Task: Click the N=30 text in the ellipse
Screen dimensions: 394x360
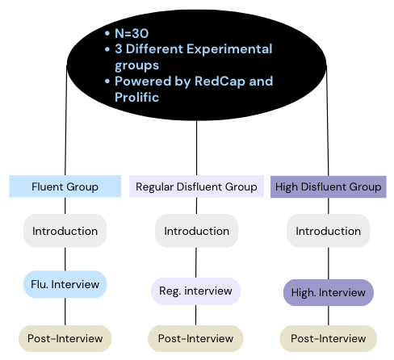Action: click(132, 33)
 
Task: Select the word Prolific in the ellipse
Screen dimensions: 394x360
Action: click(136, 97)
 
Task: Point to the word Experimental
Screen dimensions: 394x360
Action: click(229, 49)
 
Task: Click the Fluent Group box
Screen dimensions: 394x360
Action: click(65, 186)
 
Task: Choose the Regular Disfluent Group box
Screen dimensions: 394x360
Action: click(196, 186)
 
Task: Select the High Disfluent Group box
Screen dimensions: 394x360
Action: click(329, 186)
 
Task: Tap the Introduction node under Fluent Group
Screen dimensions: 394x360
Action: click(65, 231)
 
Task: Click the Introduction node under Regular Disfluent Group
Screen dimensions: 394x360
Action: click(197, 231)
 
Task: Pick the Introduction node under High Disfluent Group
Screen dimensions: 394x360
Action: click(329, 231)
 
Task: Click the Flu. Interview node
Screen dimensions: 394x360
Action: click(65, 284)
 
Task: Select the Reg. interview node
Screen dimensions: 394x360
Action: click(195, 291)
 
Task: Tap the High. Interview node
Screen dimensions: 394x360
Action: click(329, 292)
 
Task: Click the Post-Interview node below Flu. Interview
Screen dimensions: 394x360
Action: click(65, 338)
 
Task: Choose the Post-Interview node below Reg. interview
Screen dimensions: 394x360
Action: click(195, 338)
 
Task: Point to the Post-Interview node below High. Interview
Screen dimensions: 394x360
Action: click(329, 338)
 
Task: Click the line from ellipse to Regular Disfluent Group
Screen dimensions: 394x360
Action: click(196, 148)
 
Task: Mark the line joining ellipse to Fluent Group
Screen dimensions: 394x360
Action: click(66, 120)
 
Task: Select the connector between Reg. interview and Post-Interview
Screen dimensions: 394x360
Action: click(195, 315)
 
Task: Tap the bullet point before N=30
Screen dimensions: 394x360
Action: click(107, 33)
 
